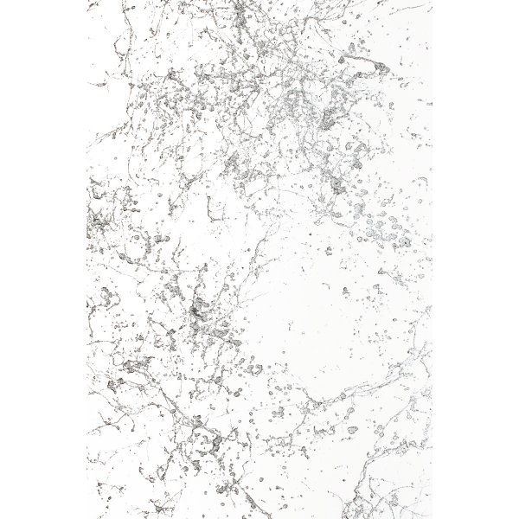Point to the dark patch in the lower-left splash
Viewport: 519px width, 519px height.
pyautogui.click(x=138, y=363)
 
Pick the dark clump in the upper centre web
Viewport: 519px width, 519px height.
pyautogui.click(x=232, y=160)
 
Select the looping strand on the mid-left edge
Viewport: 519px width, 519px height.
pyautogui.click(x=97, y=303)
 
